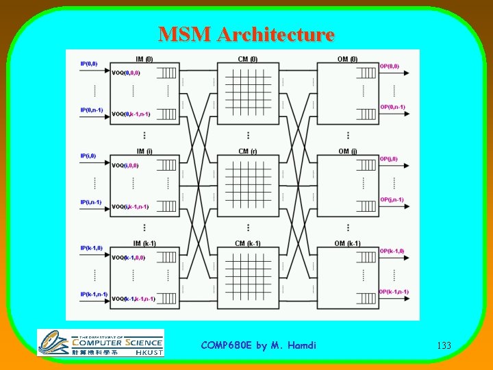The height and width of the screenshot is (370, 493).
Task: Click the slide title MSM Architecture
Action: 246,34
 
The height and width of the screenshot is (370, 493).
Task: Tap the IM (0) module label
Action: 144,59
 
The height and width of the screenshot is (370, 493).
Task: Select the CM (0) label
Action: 248,59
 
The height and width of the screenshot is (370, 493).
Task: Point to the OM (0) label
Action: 347,59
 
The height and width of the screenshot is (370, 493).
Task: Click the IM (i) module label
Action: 144,151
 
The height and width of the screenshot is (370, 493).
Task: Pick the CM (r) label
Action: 248,151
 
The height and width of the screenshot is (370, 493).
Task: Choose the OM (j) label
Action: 347,151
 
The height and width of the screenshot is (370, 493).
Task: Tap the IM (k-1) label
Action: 144,243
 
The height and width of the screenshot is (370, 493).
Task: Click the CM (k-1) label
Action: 248,243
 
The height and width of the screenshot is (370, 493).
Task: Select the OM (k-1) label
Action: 349,243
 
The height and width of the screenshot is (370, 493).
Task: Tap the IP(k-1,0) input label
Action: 92,248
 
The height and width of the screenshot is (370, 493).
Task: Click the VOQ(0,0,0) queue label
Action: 126,73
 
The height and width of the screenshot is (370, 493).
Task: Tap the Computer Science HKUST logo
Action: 101,343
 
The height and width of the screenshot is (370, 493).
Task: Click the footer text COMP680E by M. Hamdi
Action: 259,345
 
